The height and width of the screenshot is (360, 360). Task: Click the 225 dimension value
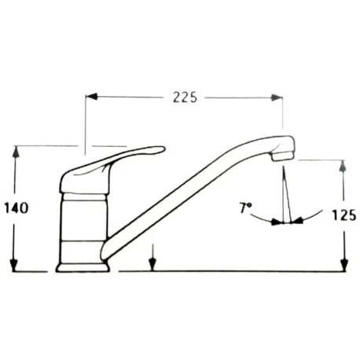coord(183,97)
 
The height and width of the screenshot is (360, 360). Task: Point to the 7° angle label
coord(245,208)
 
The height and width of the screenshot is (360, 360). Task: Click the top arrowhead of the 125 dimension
coord(343,166)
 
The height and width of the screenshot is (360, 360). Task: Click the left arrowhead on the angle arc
coord(275,222)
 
